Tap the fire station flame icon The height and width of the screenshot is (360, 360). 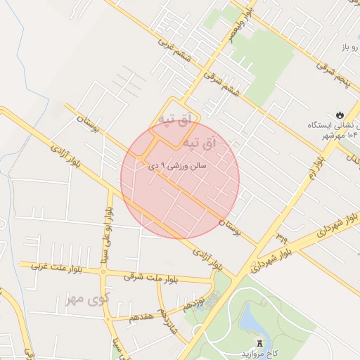click(x=340, y=113)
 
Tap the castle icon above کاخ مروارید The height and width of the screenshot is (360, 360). click(x=261, y=343)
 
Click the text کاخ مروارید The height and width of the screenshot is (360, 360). click(x=260, y=354)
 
